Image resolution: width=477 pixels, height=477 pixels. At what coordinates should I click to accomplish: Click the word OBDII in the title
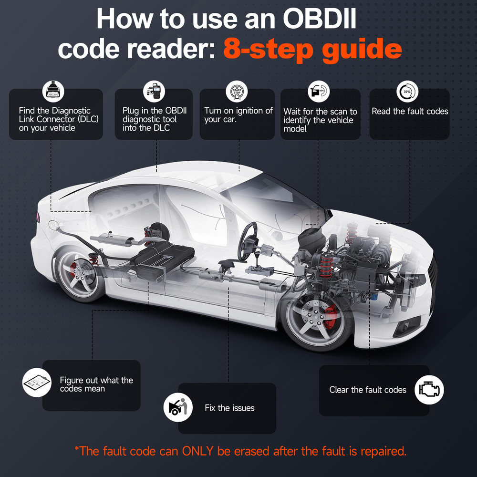(x=320, y=19)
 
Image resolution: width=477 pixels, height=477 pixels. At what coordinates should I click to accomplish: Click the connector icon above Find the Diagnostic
(x=53, y=91)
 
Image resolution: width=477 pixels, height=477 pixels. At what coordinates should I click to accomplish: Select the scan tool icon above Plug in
(x=154, y=91)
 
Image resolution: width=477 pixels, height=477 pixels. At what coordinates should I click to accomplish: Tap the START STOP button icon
(x=237, y=91)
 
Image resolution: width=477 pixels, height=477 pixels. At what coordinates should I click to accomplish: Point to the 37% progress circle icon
(x=407, y=91)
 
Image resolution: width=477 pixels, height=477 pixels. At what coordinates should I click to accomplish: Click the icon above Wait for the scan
(x=319, y=91)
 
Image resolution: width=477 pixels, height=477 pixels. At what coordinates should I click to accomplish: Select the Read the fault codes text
(x=410, y=111)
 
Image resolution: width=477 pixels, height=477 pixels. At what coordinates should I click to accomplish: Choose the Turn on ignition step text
(x=238, y=115)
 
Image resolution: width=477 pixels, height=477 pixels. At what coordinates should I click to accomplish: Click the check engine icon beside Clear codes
(x=429, y=389)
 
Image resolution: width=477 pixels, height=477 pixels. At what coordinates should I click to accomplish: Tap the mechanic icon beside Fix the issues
(x=178, y=407)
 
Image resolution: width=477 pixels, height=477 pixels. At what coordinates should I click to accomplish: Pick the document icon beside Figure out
(x=37, y=383)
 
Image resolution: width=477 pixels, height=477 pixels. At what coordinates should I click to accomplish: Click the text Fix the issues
(x=229, y=408)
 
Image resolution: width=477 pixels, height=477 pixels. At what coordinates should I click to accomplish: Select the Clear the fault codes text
(x=367, y=390)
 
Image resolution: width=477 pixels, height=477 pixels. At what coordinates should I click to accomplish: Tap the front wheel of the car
(x=317, y=321)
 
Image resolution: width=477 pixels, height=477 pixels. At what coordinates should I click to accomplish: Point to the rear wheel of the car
(x=80, y=274)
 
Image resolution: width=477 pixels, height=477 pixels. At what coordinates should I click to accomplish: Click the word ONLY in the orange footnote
(x=198, y=451)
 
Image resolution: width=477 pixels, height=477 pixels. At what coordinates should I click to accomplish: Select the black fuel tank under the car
(x=163, y=259)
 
